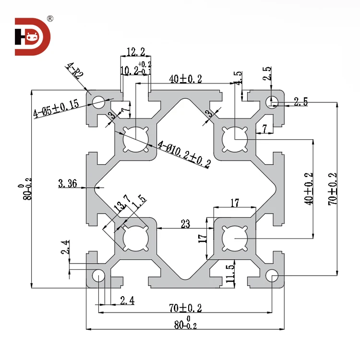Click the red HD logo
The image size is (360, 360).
click(x=32, y=36)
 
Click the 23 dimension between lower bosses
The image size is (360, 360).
click(x=185, y=223)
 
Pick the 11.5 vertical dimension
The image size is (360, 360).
click(x=230, y=273)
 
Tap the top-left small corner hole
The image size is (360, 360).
click(x=99, y=101)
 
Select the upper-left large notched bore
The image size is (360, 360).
click(x=134, y=141)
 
